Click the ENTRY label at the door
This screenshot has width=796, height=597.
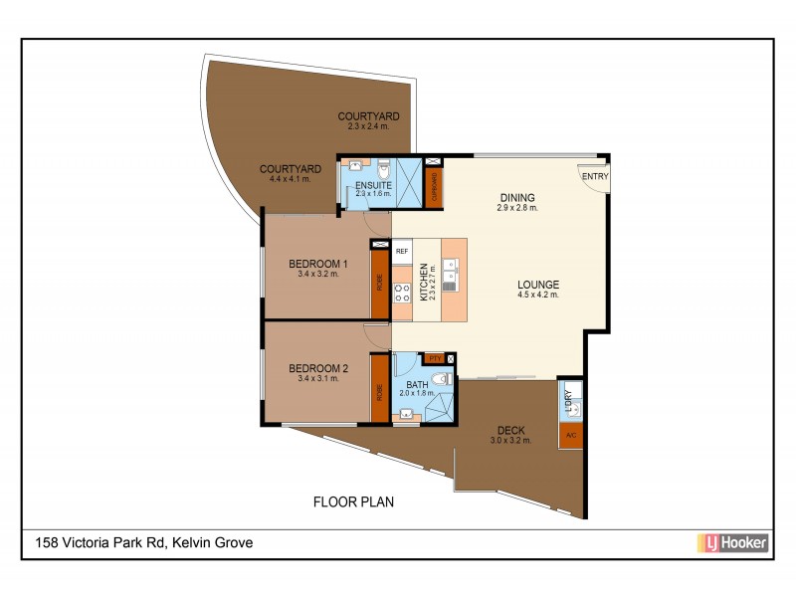pos(595,177)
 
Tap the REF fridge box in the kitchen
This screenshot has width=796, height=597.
pos(402,252)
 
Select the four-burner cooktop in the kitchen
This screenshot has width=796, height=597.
pos(403,293)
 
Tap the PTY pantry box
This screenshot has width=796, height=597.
pos(433,357)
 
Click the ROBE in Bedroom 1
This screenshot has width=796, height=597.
pos(379,282)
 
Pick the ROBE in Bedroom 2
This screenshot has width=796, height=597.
pos(379,392)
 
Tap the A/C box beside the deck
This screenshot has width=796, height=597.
pos(570,436)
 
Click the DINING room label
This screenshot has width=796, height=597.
pos(517,197)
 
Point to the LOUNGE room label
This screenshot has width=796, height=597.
pos(537,284)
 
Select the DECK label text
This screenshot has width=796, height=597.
pos(510,431)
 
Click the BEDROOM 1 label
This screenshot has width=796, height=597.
pos(318,264)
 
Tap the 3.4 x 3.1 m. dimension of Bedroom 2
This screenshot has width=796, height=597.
pos(318,379)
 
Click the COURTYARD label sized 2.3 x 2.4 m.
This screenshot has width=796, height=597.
pos(369,115)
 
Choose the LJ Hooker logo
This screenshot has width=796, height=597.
pos(730,542)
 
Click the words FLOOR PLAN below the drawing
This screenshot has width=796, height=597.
pos(353,502)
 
